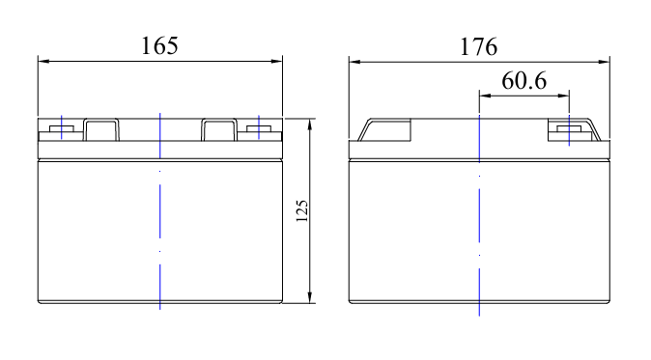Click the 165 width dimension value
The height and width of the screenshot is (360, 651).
point(159,45)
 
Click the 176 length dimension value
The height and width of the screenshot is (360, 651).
point(479,46)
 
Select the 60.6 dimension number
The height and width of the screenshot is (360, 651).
point(524,80)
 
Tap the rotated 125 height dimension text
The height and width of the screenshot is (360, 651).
point(301,211)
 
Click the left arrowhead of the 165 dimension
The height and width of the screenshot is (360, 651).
point(43,62)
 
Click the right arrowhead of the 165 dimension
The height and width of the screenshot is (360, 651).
point(277,62)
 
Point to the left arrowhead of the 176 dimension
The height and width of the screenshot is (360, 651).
point(354,62)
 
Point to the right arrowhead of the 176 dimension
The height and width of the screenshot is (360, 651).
point(604,62)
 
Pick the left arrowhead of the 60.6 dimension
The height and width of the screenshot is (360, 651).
point(485,96)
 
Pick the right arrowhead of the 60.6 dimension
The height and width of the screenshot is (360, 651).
point(563,96)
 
